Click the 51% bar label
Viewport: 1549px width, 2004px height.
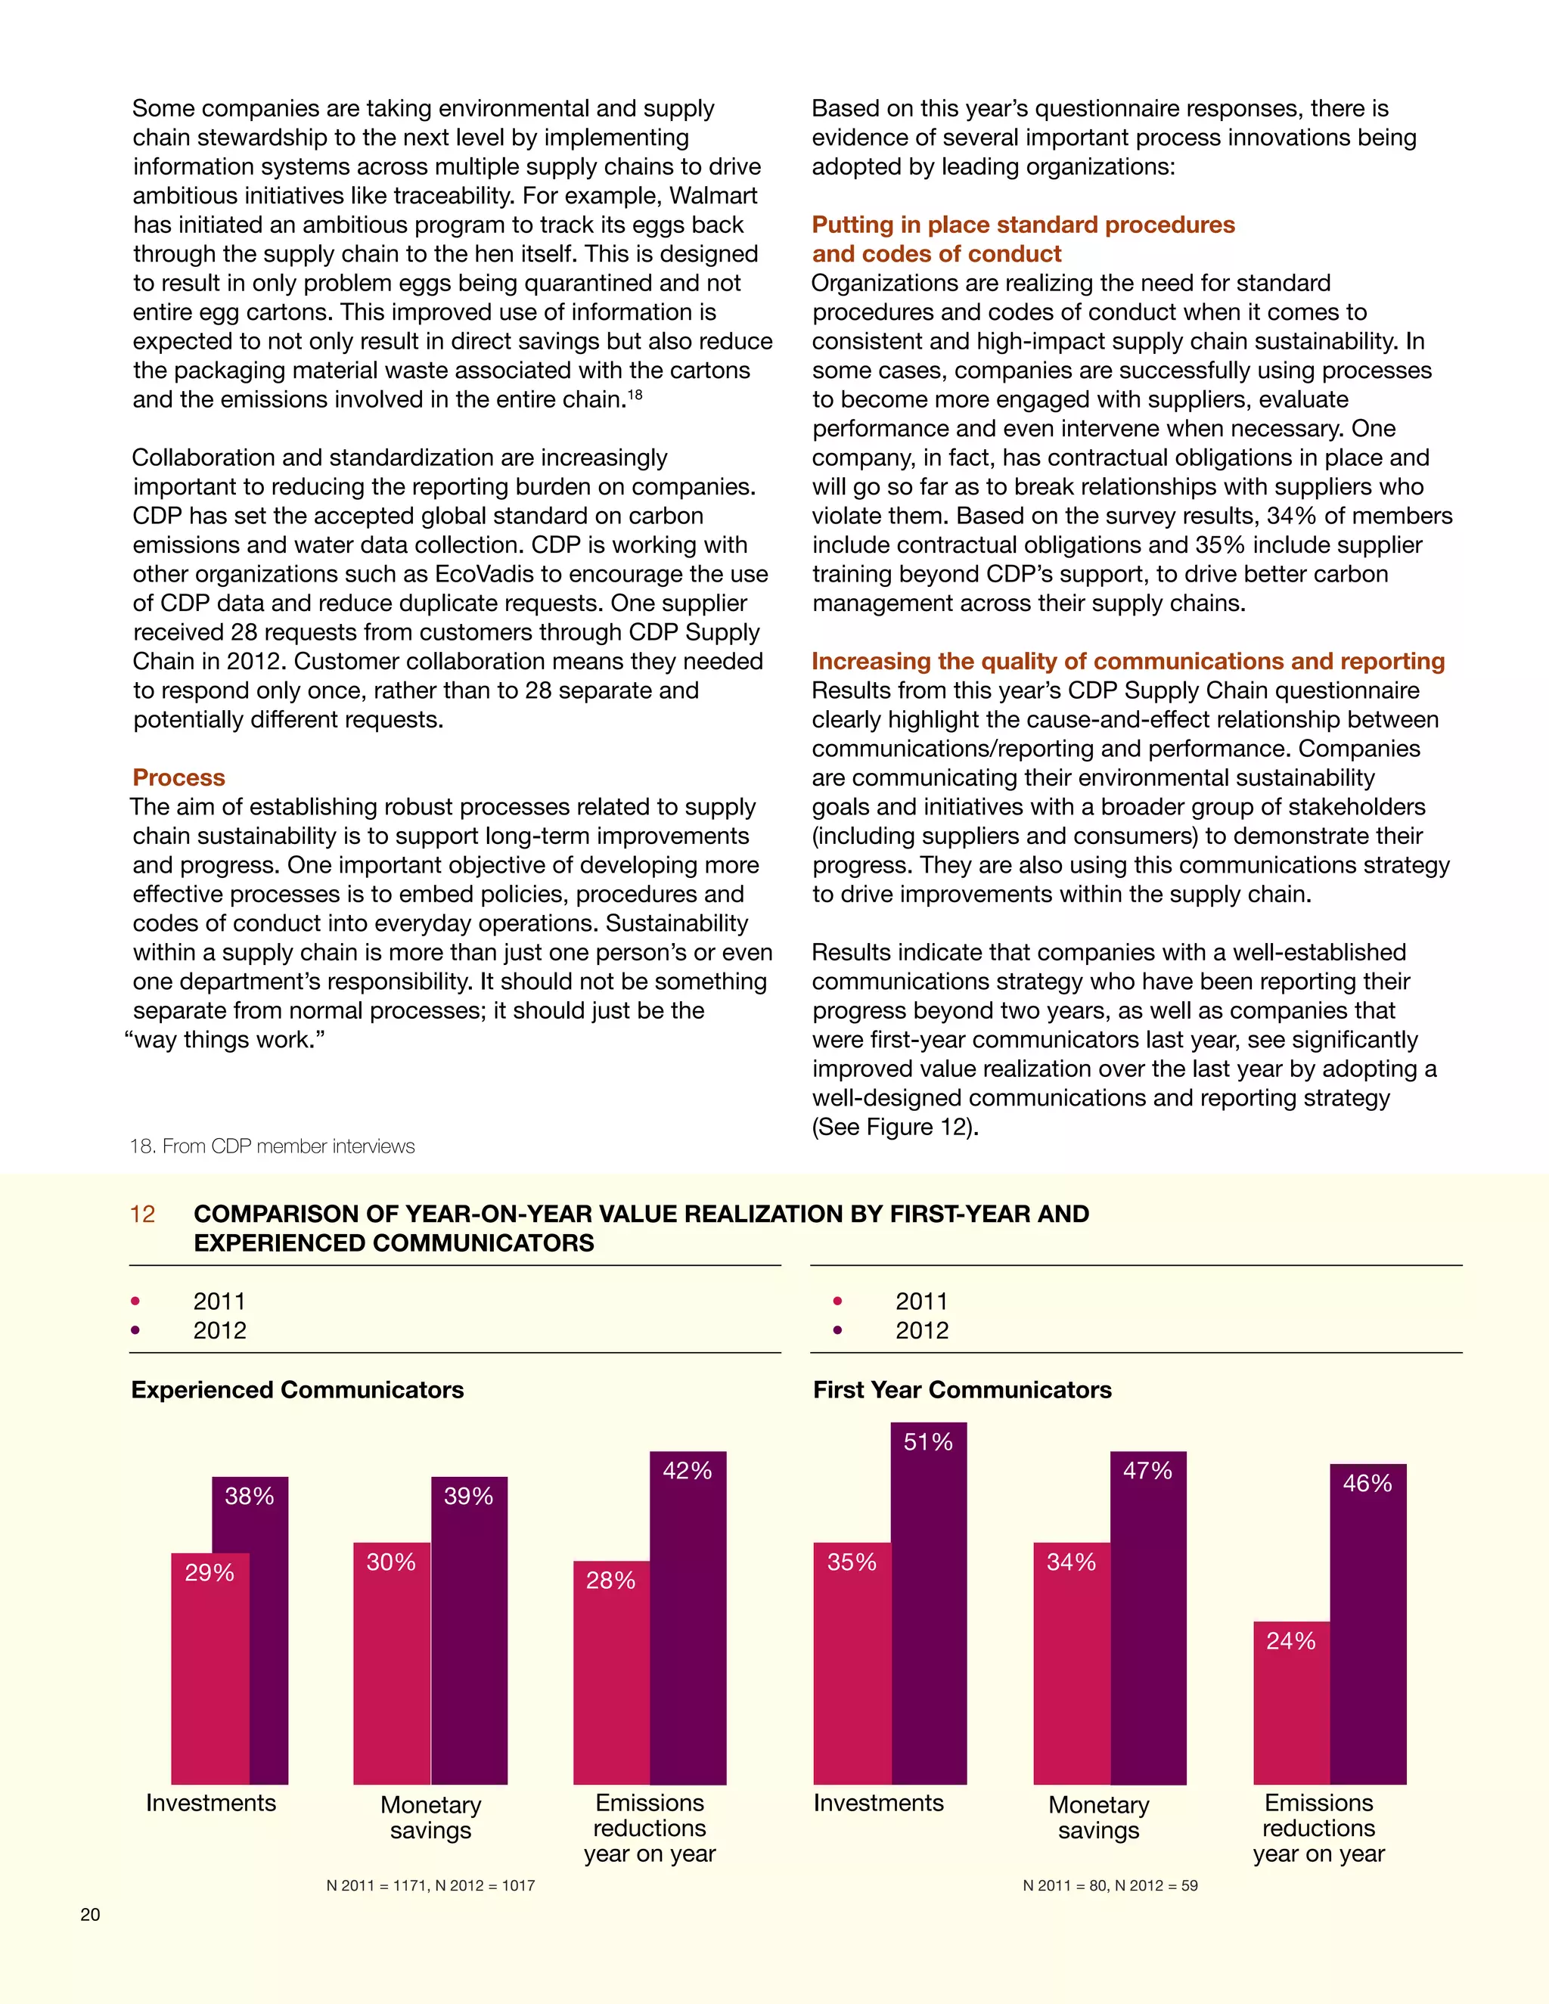coord(928,1441)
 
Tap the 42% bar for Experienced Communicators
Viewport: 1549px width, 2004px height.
coord(688,1615)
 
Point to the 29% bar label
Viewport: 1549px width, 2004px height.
coord(210,1573)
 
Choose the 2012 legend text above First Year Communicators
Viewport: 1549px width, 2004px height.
coord(921,1330)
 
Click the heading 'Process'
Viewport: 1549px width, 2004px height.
coord(179,777)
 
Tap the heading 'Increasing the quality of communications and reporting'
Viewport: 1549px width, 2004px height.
coord(1128,661)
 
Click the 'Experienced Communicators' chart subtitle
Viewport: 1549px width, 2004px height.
coord(297,1389)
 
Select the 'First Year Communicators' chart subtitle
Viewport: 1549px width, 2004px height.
coord(962,1389)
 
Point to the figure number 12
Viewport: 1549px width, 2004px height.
coord(142,1214)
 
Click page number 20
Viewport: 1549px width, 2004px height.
coord(90,1914)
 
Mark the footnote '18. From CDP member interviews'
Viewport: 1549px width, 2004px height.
coord(272,1146)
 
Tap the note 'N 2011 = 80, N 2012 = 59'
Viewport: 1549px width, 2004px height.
coord(1110,1885)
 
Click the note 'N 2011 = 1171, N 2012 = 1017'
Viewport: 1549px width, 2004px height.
coord(430,1885)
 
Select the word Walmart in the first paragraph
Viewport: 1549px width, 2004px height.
coord(713,195)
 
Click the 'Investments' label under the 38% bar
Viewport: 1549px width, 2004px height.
coord(211,1803)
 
